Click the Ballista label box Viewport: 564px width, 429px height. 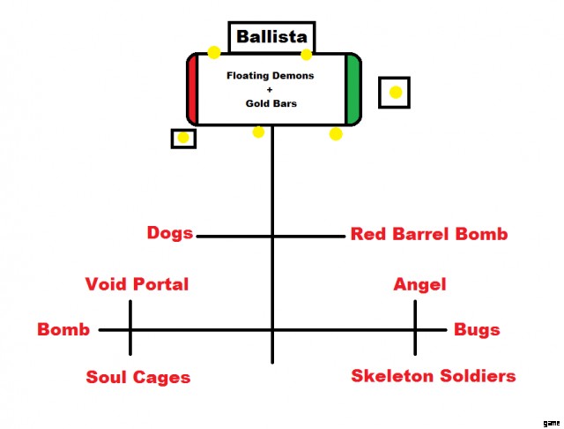[x=272, y=38]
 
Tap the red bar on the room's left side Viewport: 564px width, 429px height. [x=191, y=89]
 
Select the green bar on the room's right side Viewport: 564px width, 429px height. [x=353, y=89]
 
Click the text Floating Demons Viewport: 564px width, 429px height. [x=271, y=76]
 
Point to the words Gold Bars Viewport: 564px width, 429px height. [x=271, y=103]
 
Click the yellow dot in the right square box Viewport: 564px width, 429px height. [x=396, y=92]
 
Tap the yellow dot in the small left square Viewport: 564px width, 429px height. [x=183, y=138]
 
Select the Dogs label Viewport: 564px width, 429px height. [x=170, y=234]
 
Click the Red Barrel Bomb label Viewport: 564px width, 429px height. [x=429, y=234]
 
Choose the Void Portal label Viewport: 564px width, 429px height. [x=137, y=284]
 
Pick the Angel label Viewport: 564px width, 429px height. [x=419, y=284]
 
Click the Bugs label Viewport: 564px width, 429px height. [x=477, y=330]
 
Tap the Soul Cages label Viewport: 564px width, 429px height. [x=138, y=378]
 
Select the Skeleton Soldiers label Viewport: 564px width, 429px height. [x=434, y=376]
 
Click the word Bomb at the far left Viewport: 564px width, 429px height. [x=63, y=330]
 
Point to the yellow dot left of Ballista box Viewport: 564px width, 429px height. [x=214, y=52]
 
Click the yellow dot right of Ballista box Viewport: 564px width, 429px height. [x=307, y=55]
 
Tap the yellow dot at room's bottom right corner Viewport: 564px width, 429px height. [x=336, y=134]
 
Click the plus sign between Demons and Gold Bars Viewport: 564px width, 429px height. [x=271, y=90]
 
